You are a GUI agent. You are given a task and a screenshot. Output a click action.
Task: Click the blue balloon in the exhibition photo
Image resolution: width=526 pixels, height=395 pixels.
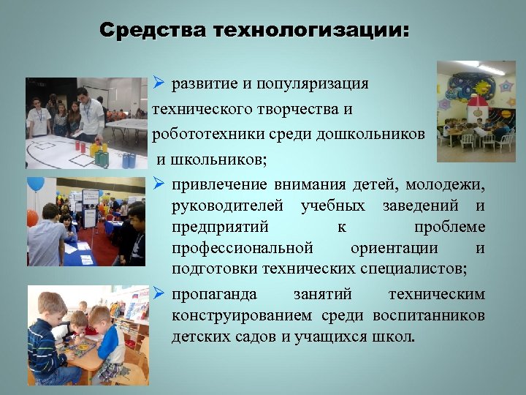tap(35, 184)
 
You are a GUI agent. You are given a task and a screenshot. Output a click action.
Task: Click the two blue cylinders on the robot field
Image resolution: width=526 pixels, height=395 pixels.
tap(129, 159)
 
